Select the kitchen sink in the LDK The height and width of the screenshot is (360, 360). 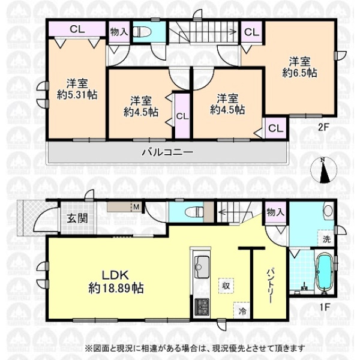tap(202, 267)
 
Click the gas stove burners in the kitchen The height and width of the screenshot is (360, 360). tap(202, 307)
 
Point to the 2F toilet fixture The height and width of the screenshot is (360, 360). tap(142, 32)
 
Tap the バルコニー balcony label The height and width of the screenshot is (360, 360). tap(167, 152)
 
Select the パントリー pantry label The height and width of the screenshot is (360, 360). tap(269, 286)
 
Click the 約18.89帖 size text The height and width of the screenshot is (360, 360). tap(116, 288)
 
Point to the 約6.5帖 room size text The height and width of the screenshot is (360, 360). tap(299, 73)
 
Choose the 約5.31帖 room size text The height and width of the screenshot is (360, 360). tap(77, 95)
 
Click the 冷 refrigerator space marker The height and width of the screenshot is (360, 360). tap(242, 311)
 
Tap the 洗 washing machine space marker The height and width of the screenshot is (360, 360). tap(327, 239)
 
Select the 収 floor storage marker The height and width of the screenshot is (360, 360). tap(226, 286)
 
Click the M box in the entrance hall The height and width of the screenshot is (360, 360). tap(136, 208)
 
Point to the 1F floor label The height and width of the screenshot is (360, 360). tap(324, 307)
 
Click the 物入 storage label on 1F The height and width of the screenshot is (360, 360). tap(276, 212)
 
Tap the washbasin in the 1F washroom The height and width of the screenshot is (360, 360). tap(328, 211)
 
